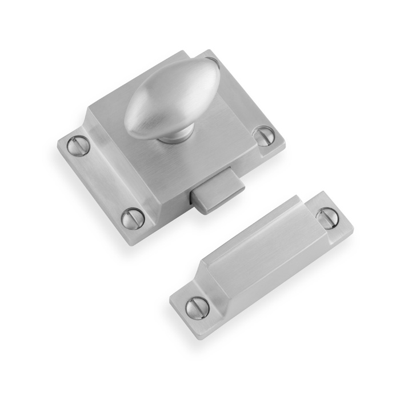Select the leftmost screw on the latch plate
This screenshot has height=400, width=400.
coord(78,146)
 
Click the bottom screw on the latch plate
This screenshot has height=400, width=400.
coord(133,217)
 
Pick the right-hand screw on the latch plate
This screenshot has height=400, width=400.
coord(263,135)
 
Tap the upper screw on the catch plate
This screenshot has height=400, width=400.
coord(327,218)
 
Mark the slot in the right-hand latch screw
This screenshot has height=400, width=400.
coord(263,135)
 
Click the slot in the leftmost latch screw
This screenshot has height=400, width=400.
coord(78,146)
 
